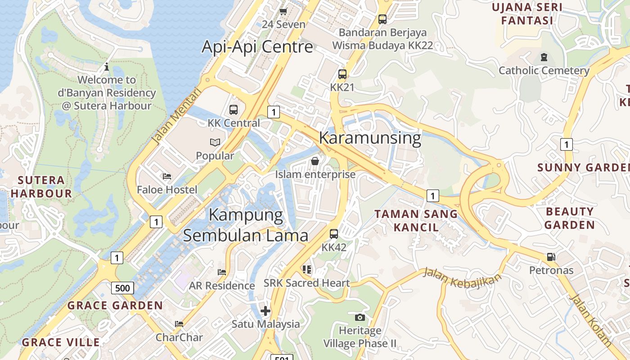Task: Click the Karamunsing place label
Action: click(x=370, y=138)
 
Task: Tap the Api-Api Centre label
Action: click(x=257, y=47)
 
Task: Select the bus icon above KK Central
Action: click(x=234, y=109)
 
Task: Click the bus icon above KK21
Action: click(x=342, y=74)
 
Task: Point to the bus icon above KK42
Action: click(x=334, y=234)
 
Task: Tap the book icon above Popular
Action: click(x=215, y=143)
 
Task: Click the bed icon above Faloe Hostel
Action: click(x=167, y=176)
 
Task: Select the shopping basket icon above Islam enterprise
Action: click(x=315, y=161)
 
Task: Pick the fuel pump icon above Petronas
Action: click(x=551, y=257)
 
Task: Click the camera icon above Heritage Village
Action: click(x=360, y=317)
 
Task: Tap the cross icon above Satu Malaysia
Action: click(x=265, y=310)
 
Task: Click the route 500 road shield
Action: click(x=122, y=288)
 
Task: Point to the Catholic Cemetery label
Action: click(x=544, y=71)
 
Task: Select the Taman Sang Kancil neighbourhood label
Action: click(x=416, y=220)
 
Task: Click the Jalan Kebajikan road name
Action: click(x=462, y=277)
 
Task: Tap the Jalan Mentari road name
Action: click(x=175, y=116)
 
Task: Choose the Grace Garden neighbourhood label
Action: click(x=115, y=306)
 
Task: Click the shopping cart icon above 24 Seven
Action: click(x=283, y=11)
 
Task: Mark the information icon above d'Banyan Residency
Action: click(x=107, y=67)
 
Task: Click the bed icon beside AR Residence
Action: click(x=222, y=272)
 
